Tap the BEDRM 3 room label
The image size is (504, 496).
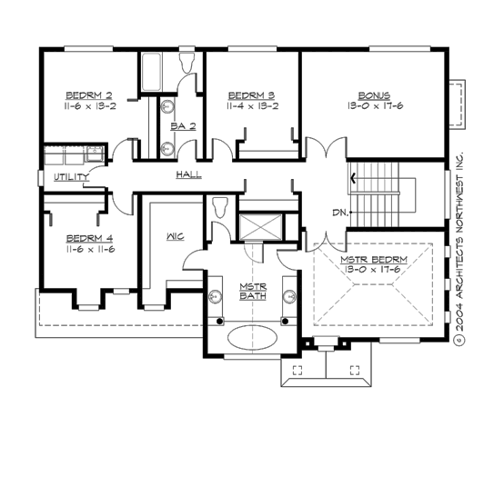click(251, 95)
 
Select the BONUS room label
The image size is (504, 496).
click(374, 95)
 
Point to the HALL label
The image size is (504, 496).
click(188, 174)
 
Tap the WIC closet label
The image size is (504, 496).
click(176, 236)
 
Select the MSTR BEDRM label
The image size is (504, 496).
click(374, 260)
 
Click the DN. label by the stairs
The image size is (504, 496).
click(340, 213)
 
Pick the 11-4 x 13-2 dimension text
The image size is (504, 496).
click(251, 105)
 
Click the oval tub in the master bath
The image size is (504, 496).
click(252, 340)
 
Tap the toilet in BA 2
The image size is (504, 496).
click(188, 63)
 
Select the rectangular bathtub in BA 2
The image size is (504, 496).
click(151, 73)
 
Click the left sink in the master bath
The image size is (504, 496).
click(216, 295)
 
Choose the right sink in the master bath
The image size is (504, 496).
click(289, 295)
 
